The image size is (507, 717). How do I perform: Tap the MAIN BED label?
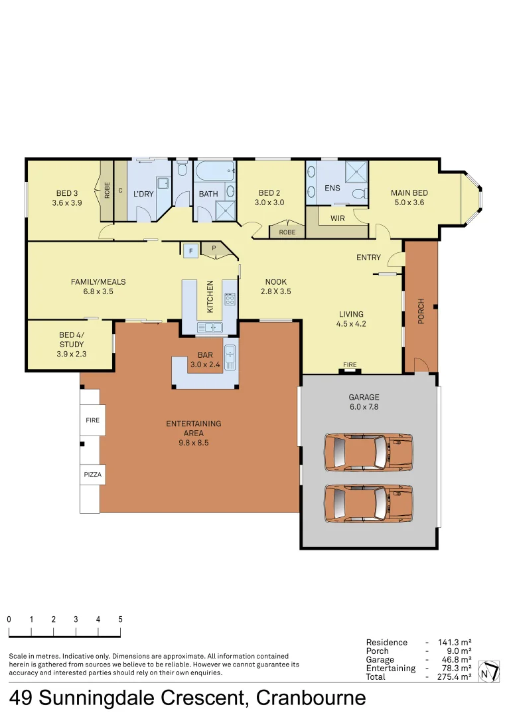(409, 193)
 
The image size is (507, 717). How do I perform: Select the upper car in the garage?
(368, 452)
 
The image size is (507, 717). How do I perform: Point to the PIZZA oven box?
(92, 475)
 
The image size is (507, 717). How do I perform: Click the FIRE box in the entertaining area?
(92, 420)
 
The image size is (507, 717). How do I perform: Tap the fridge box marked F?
(190, 250)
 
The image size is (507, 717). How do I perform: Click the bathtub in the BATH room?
(214, 171)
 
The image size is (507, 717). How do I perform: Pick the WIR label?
(337, 218)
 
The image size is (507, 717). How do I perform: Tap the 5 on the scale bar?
(120, 619)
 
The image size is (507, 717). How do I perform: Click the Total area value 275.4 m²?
(455, 677)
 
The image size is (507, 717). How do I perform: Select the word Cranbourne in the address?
(311, 698)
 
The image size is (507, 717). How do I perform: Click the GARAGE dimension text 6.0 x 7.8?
(364, 407)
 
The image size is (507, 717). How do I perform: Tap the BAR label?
(205, 355)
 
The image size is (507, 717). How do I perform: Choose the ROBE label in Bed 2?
(287, 232)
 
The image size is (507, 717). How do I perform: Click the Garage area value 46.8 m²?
(455, 659)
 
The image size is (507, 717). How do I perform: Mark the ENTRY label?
(368, 258)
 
